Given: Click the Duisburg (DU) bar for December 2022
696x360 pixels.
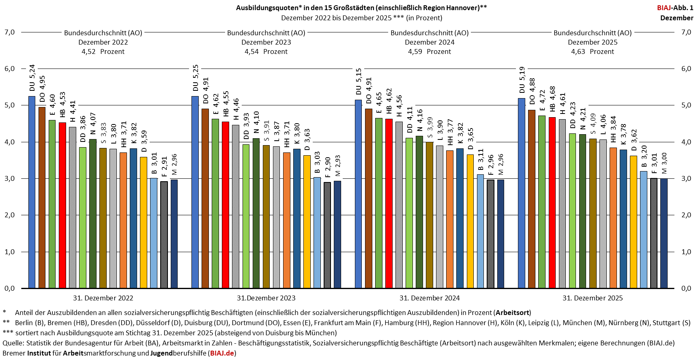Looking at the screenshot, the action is click(x=32, y=192).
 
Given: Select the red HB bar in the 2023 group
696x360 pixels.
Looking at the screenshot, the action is click(x=226, y=205).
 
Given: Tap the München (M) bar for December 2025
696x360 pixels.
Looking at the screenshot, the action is click(x=664, y=233).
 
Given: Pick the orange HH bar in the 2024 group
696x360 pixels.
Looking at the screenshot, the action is click(x=449, y=219).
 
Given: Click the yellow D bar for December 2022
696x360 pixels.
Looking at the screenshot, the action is click(x=144, y=223).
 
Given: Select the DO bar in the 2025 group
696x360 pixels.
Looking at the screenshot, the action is click(x=532, y=199).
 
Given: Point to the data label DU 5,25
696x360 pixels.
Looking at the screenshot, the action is click(x=195, y=78).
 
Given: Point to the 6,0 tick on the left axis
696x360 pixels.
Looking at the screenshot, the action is click(x=9, y=69).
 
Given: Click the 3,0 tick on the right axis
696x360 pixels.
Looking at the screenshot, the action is click(x=686, y=178).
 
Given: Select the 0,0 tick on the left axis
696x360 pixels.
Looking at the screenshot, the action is click(x=9, y=288).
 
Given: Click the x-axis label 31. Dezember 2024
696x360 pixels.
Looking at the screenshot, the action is click(x=430, y=298).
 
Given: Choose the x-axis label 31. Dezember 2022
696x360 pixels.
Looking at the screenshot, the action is click(x=103, y=298).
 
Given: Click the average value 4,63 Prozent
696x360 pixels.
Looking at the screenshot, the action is click(x=593, y=51).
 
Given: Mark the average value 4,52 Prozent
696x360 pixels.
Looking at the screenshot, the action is click(x=103, y=51).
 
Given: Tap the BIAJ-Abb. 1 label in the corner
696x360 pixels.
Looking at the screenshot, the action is click(x=675, y=8).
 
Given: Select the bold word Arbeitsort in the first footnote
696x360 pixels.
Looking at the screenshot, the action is click(x=512, y=313).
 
